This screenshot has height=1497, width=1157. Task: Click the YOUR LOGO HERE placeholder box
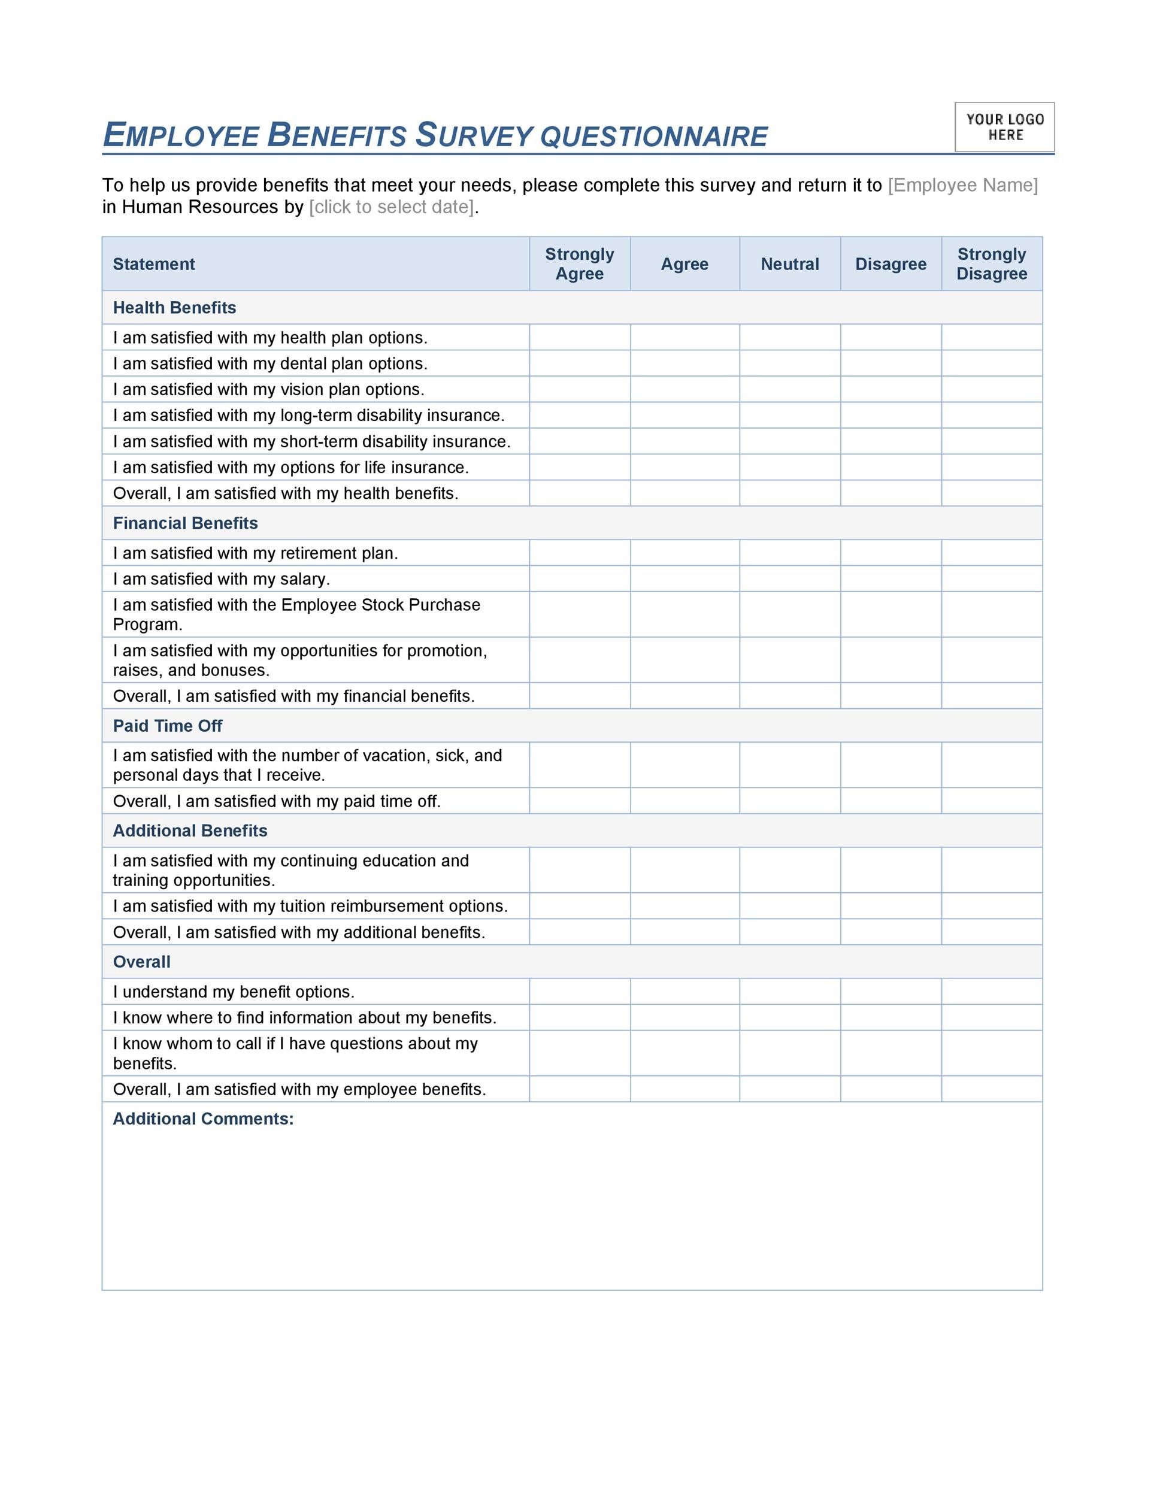click(x=1004, y=128)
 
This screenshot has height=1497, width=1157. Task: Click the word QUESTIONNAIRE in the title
click(x=653, y=137)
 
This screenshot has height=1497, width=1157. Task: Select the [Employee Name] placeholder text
click(x=962, y=185)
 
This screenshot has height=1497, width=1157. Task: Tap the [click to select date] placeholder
click(x=392, y=207)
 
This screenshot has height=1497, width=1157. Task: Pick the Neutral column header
click(x=790, y=264)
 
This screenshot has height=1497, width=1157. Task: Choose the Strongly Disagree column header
click(x=991, y=264)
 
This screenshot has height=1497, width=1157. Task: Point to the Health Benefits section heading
click(x=174, y=308)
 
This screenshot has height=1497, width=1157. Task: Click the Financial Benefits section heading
click(x=185, y=523)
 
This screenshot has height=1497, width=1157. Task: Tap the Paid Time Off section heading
click(x=167, y=726)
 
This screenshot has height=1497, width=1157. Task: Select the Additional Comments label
click(x=203, y=1119)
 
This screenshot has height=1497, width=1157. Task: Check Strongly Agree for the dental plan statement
click(x=580, y=363)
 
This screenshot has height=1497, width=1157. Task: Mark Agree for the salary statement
click(x=684, y=578)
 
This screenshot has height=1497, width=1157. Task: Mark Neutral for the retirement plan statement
click(x=790, y=553)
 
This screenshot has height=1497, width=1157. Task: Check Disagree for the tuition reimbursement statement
click(x=891, y=905)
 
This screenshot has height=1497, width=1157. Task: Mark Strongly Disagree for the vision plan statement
click(x=991, y=389)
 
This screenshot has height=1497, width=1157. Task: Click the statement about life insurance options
click(x=290, y=468)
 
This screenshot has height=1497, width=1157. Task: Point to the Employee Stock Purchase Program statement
click(x=296, y=614)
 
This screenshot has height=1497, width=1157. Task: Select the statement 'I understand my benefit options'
click(x=234, y=992)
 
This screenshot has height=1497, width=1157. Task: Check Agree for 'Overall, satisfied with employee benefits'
click(x=684, y=1089)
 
